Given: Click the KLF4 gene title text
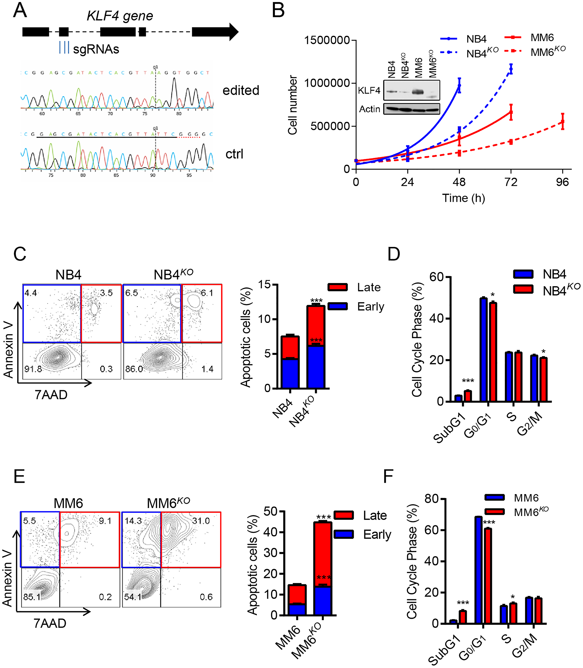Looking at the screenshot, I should coord(120,16).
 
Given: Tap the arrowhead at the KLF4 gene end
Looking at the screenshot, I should coord(233,32).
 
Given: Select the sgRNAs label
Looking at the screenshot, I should coord(96,49).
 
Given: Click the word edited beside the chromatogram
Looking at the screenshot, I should coord(241,90).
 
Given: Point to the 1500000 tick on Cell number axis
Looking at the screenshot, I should coord(326,40).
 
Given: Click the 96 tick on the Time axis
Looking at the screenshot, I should coord(562,182).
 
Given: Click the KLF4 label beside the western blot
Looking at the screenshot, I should coord(369,90).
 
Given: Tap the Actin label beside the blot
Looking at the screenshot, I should coord(370,109).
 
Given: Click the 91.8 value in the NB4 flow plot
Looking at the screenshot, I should coord(33,369).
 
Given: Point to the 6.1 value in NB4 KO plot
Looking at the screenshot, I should coord(207,293).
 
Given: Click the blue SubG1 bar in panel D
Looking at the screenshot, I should coord(459,398).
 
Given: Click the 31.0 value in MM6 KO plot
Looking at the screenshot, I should coord(201,521).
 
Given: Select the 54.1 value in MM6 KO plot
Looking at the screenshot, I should coord(133,597).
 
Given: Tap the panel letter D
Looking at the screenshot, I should coord(394,254).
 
